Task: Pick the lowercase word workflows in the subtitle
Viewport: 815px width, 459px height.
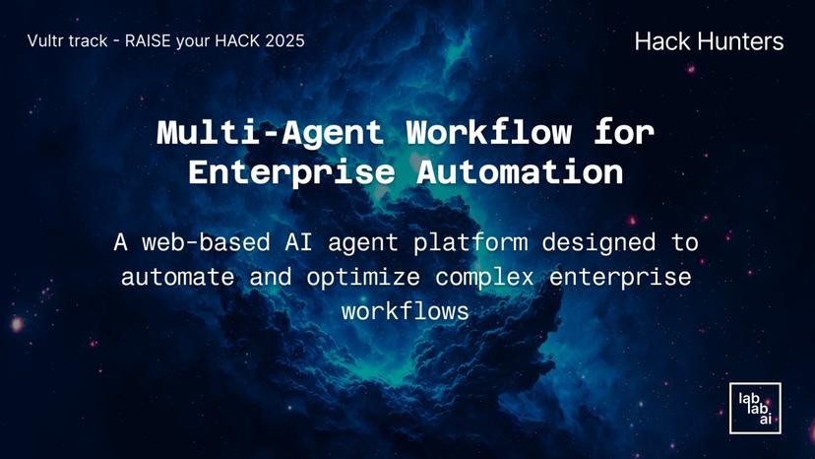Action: [407, 310]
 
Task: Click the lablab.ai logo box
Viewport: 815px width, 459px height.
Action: [754, 408]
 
